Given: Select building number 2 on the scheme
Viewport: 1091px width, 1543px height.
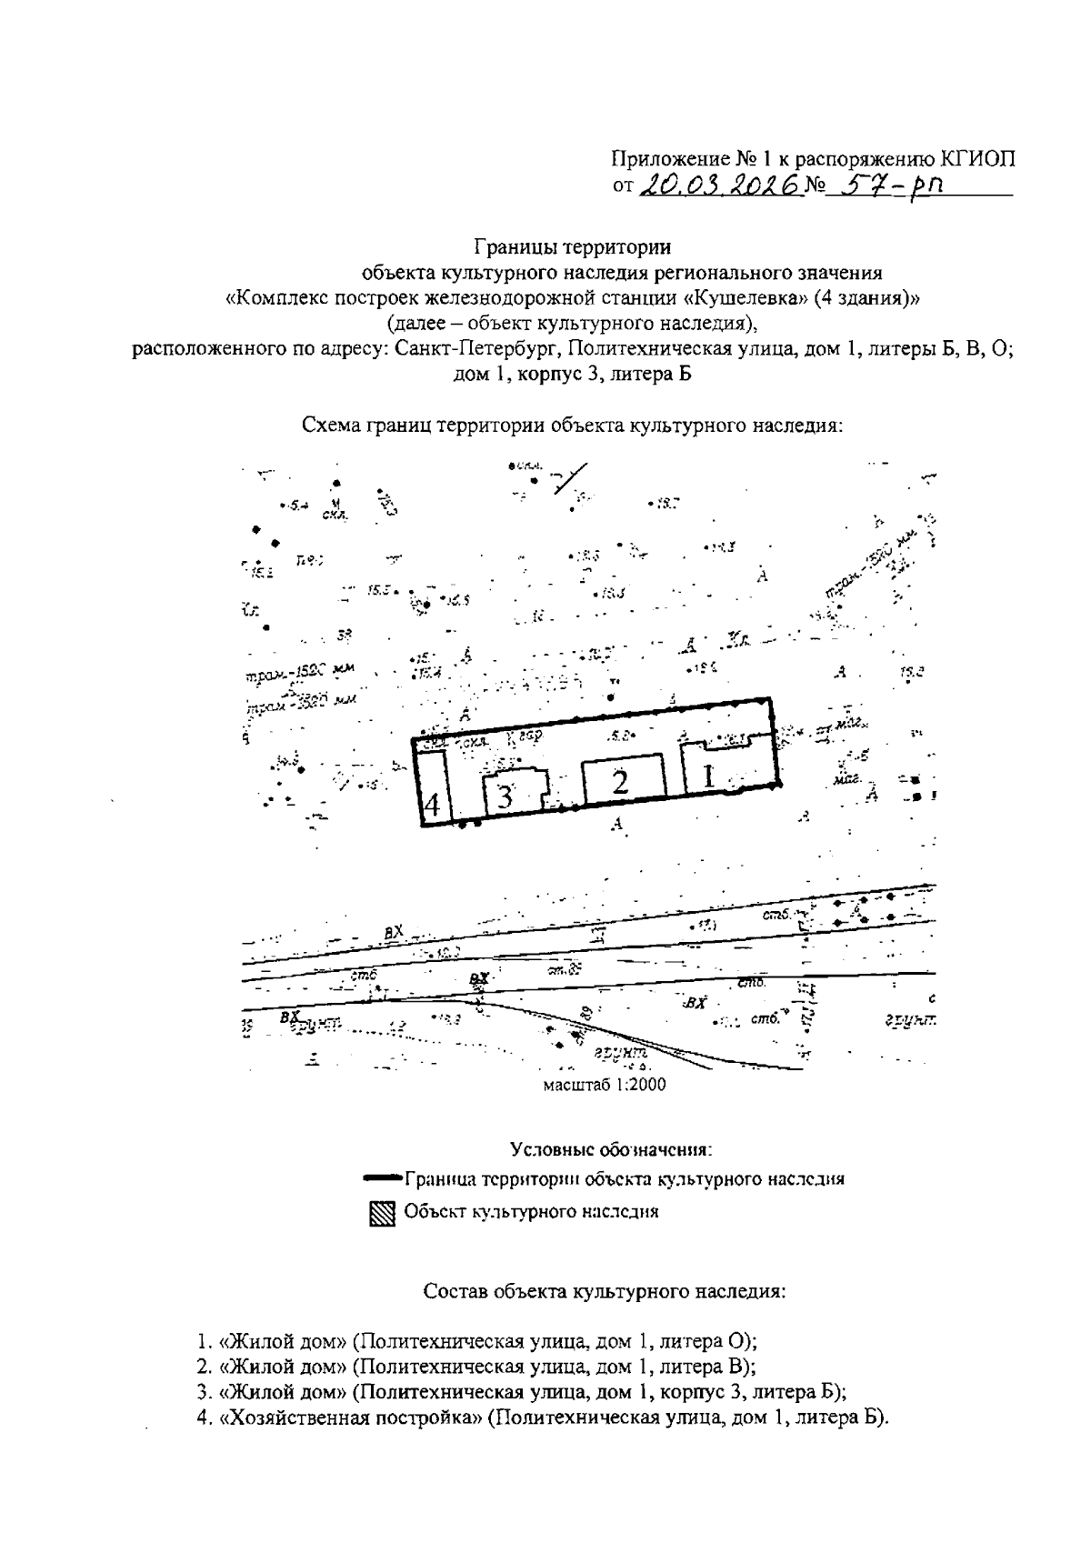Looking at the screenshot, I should [x=620, y=781].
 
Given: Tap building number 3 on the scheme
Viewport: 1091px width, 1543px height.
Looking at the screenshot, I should [x=505, y=797].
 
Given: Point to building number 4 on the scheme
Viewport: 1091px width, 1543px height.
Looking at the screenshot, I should [x=433, y=804].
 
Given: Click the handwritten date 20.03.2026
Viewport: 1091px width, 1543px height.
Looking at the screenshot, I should [x=723, y=185].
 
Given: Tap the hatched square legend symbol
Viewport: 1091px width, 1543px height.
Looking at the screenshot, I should [x=382, y=1214].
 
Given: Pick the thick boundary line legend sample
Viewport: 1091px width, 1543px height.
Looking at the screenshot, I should [x=382, y=1179].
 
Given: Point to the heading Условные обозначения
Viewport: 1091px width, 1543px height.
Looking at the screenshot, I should [x=610, y=1149].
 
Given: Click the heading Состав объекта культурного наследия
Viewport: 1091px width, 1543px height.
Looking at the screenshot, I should [x=605, y=1291].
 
